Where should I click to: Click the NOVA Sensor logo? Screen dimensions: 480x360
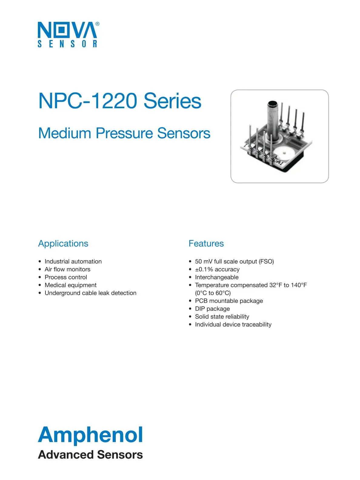tap(67, 34)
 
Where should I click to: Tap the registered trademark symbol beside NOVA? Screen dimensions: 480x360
tap(97, 24)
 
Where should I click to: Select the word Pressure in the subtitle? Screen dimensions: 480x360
tap(124, 133)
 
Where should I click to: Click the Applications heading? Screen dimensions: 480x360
tap(63, 244)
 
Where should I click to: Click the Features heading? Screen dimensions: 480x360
tap(206, 244)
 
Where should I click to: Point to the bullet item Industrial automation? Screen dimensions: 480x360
tap(73, 262)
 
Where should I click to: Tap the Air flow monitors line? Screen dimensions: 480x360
tap(67, 269)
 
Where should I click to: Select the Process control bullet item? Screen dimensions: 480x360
tap(66, 277)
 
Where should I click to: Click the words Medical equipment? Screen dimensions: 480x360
tap(71, 285)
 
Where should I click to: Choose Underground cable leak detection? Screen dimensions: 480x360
tap(90, 293)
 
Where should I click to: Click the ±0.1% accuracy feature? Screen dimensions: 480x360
tap(217, 269)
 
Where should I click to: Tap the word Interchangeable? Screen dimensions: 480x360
tap(217, 277)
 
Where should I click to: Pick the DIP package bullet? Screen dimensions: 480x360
tap(212, 309)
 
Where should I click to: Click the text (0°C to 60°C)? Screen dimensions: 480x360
tap(213, 293)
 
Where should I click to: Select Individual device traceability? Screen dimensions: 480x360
tap(233, 325)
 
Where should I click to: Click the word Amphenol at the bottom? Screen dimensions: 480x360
tap(90, 435)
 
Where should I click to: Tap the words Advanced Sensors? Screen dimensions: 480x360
tap(90, 455)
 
